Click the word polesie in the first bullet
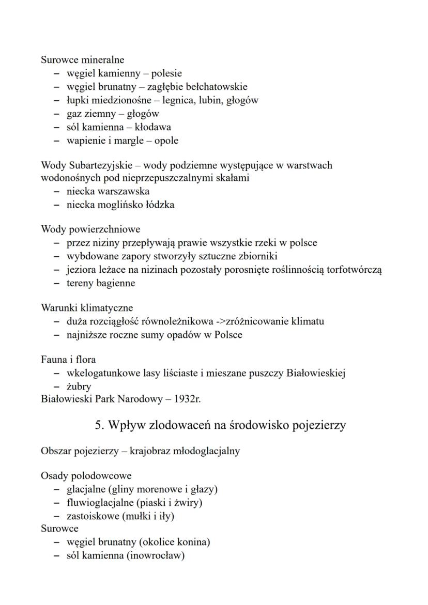tap(166, 73)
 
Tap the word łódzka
tap(159, 205)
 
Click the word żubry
tap(79, 386)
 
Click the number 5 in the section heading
tap(99, 425)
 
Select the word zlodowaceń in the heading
tap(179, 425)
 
